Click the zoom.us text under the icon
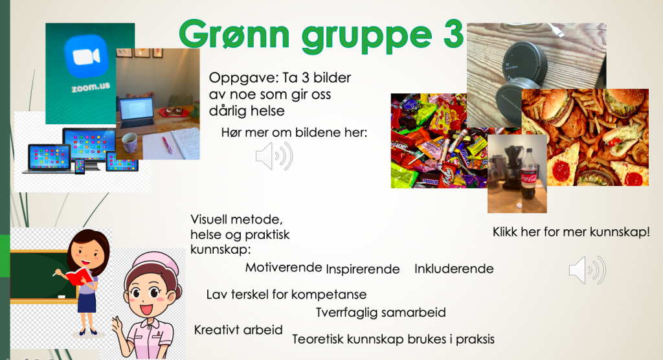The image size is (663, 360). click(91, 87)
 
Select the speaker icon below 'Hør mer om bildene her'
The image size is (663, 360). click(274, 157)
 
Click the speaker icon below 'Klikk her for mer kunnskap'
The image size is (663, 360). click(587, 270)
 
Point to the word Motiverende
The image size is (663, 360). click(284, 267)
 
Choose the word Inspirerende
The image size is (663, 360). click(363, 269)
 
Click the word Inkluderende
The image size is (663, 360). click(454, 269)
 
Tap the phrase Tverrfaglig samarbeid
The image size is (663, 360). click(381, 313)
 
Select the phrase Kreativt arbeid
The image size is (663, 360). click(238, 330)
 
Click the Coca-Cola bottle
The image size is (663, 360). click(528, 175)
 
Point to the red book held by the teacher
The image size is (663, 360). click(78, 276)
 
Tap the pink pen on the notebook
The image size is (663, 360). click(167, 144)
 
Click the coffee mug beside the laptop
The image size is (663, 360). click(129, 143)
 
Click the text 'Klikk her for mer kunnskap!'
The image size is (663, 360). click(571, 232)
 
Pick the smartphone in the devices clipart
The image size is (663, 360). click(80, 166)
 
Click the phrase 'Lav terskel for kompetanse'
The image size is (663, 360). click(286, 295)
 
